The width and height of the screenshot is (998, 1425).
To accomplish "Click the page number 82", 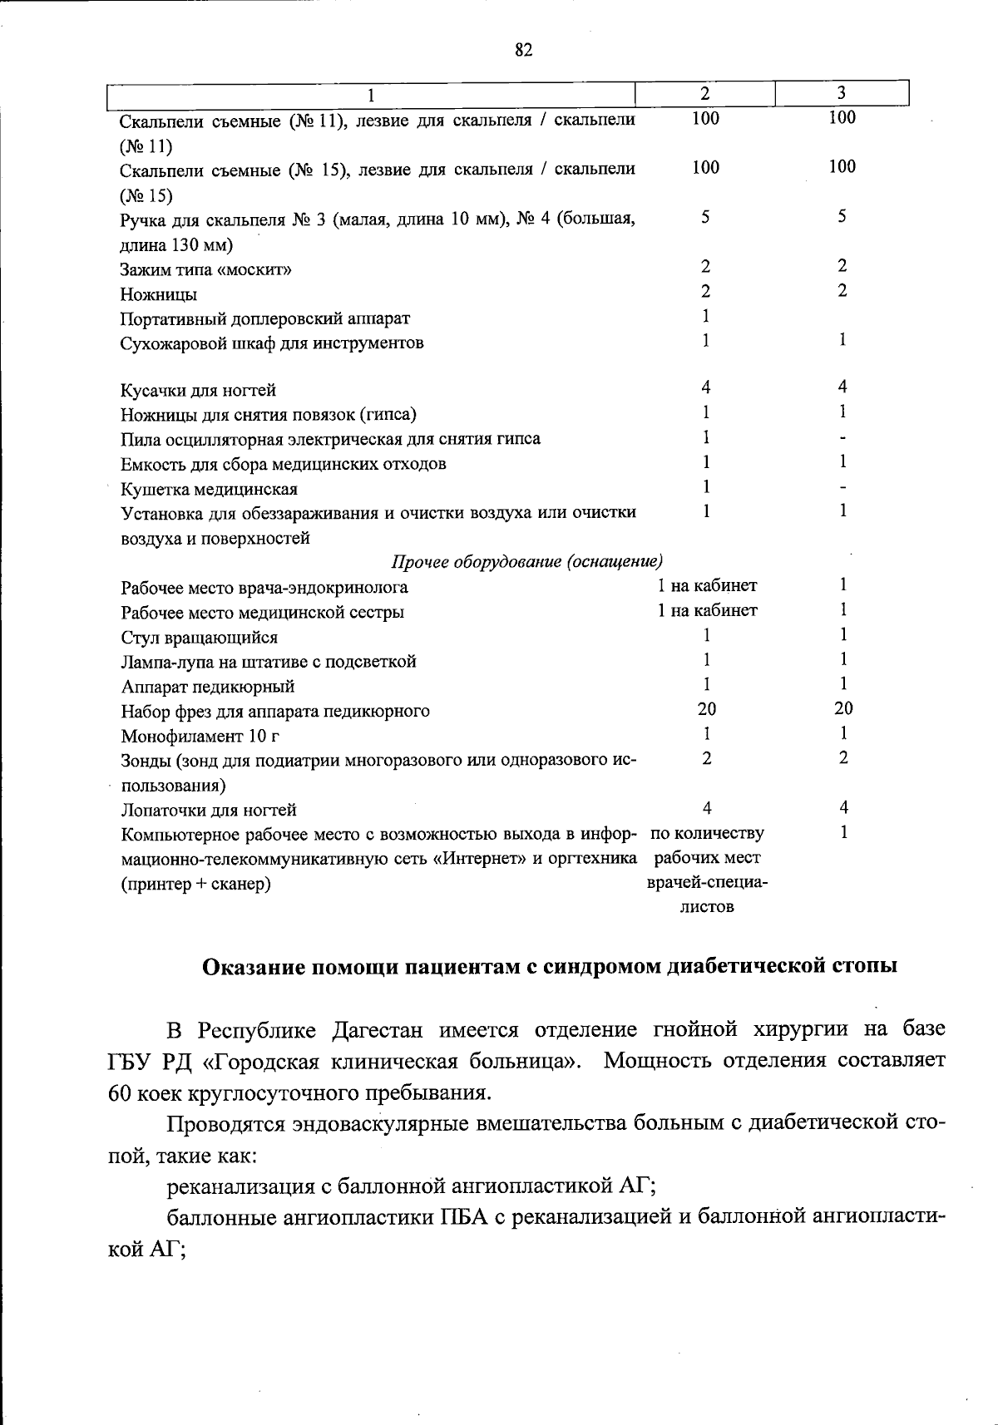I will click(x=523, y=50).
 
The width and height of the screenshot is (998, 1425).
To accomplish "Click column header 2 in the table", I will click(x=704, y=92).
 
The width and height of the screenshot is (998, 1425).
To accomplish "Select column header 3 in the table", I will click(x=842, y=92).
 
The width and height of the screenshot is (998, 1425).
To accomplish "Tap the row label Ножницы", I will click(x=159, y=294).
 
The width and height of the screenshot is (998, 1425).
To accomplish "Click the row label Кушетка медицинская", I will click(x=210, y=489).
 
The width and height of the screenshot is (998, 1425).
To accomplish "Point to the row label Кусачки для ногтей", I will click(x=199, y=390).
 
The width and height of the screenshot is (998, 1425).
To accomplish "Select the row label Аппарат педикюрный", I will click(x=208, y=687).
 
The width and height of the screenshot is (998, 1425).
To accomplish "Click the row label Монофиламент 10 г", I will click(x=200, y=736).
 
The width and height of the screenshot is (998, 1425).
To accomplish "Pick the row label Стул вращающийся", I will click(x=200, y=638).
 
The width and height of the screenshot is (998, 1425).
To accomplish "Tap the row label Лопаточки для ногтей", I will click(x=209, y=810).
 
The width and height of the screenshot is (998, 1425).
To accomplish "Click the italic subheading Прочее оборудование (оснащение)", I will click(x=527, y=562).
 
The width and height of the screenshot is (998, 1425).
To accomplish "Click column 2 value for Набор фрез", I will click(x=706, y=708).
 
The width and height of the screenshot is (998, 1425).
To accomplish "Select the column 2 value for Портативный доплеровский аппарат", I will click(x=705, y=316).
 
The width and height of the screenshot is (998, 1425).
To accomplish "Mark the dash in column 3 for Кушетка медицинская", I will click(x=842, y=486).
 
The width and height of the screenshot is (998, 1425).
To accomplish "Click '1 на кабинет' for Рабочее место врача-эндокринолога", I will click(x=707, y=585).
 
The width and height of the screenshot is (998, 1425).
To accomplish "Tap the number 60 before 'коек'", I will click(x=122, y=1092).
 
